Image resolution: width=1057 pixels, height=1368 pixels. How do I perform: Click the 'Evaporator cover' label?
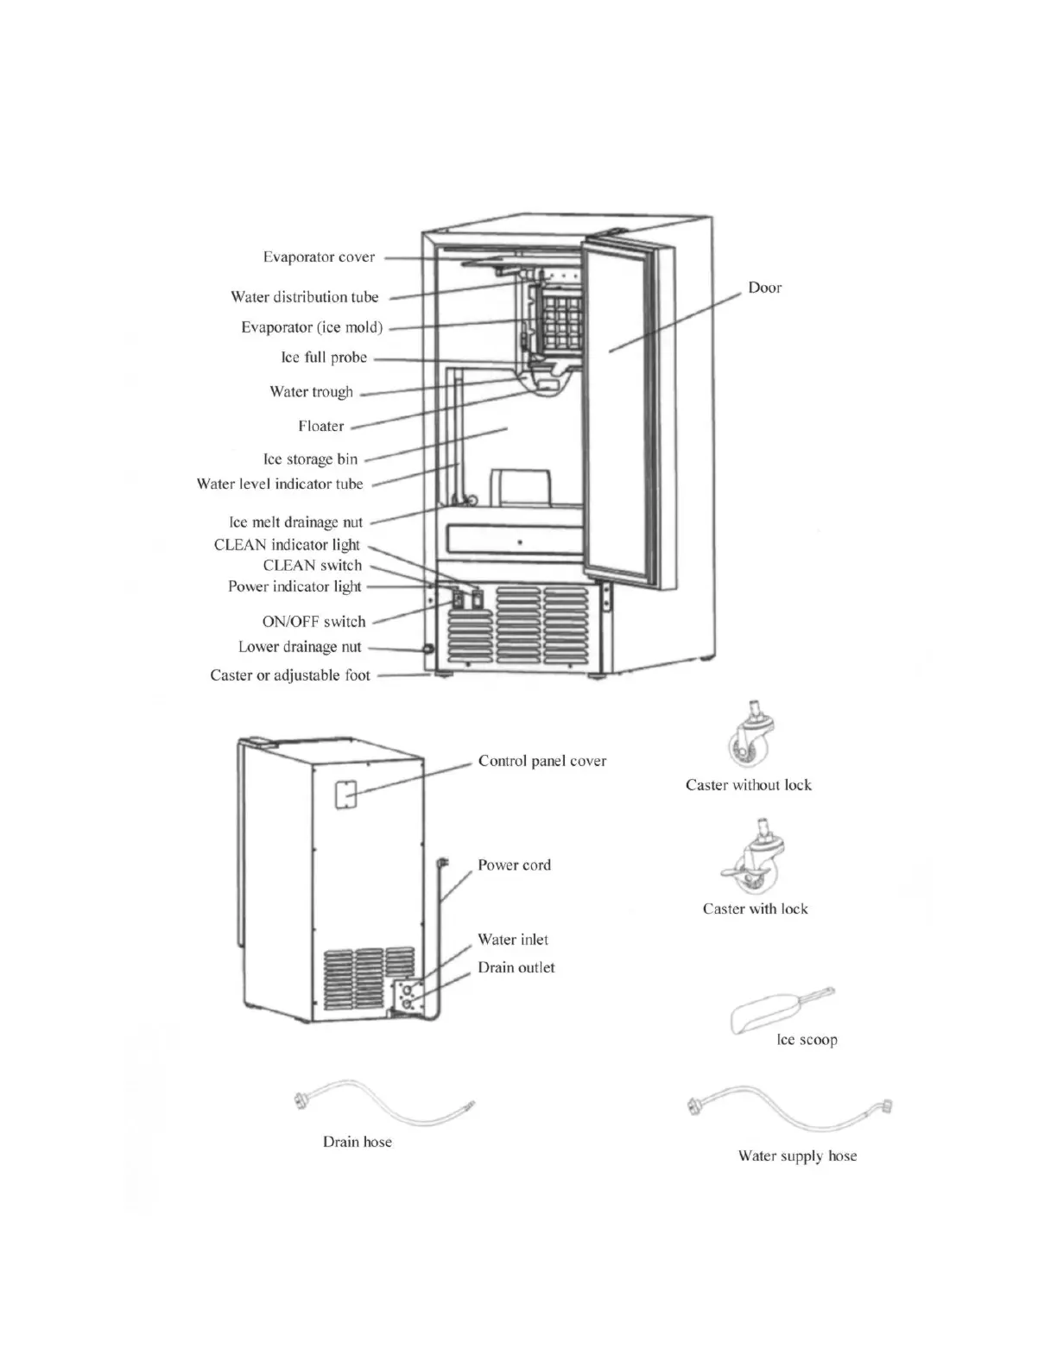click(x=319, y=257)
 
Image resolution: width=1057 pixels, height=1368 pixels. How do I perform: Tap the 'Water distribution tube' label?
click(x=304, y=297)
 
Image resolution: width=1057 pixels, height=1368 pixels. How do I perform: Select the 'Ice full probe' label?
click(x=324, y=358)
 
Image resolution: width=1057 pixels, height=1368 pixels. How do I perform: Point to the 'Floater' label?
click(x=320, y=426)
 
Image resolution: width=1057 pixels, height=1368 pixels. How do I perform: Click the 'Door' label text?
click(x=764, y=288)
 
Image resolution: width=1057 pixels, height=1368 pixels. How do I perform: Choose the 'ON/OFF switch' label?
click(x=313, y=622)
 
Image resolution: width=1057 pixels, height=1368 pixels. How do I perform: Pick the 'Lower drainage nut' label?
click(x=300, y=647)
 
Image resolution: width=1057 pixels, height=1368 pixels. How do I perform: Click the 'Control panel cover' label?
click(x=542, y=761)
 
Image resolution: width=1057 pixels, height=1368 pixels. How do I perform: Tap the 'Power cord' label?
click(x=514, y=865)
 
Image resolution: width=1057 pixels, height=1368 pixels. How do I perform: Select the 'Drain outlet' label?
click(x=516, y=968)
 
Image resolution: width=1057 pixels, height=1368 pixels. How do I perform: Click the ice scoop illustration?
click(x=777, y=1010)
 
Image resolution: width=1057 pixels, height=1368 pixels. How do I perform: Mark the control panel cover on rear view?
click(x=346, y=795)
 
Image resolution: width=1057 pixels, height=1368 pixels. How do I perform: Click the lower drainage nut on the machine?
click(x=427, y=649)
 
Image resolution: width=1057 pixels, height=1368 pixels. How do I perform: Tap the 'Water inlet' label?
click(x=513, y=940)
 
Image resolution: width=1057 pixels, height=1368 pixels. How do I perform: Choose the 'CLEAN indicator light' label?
click(x=287, y=545)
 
